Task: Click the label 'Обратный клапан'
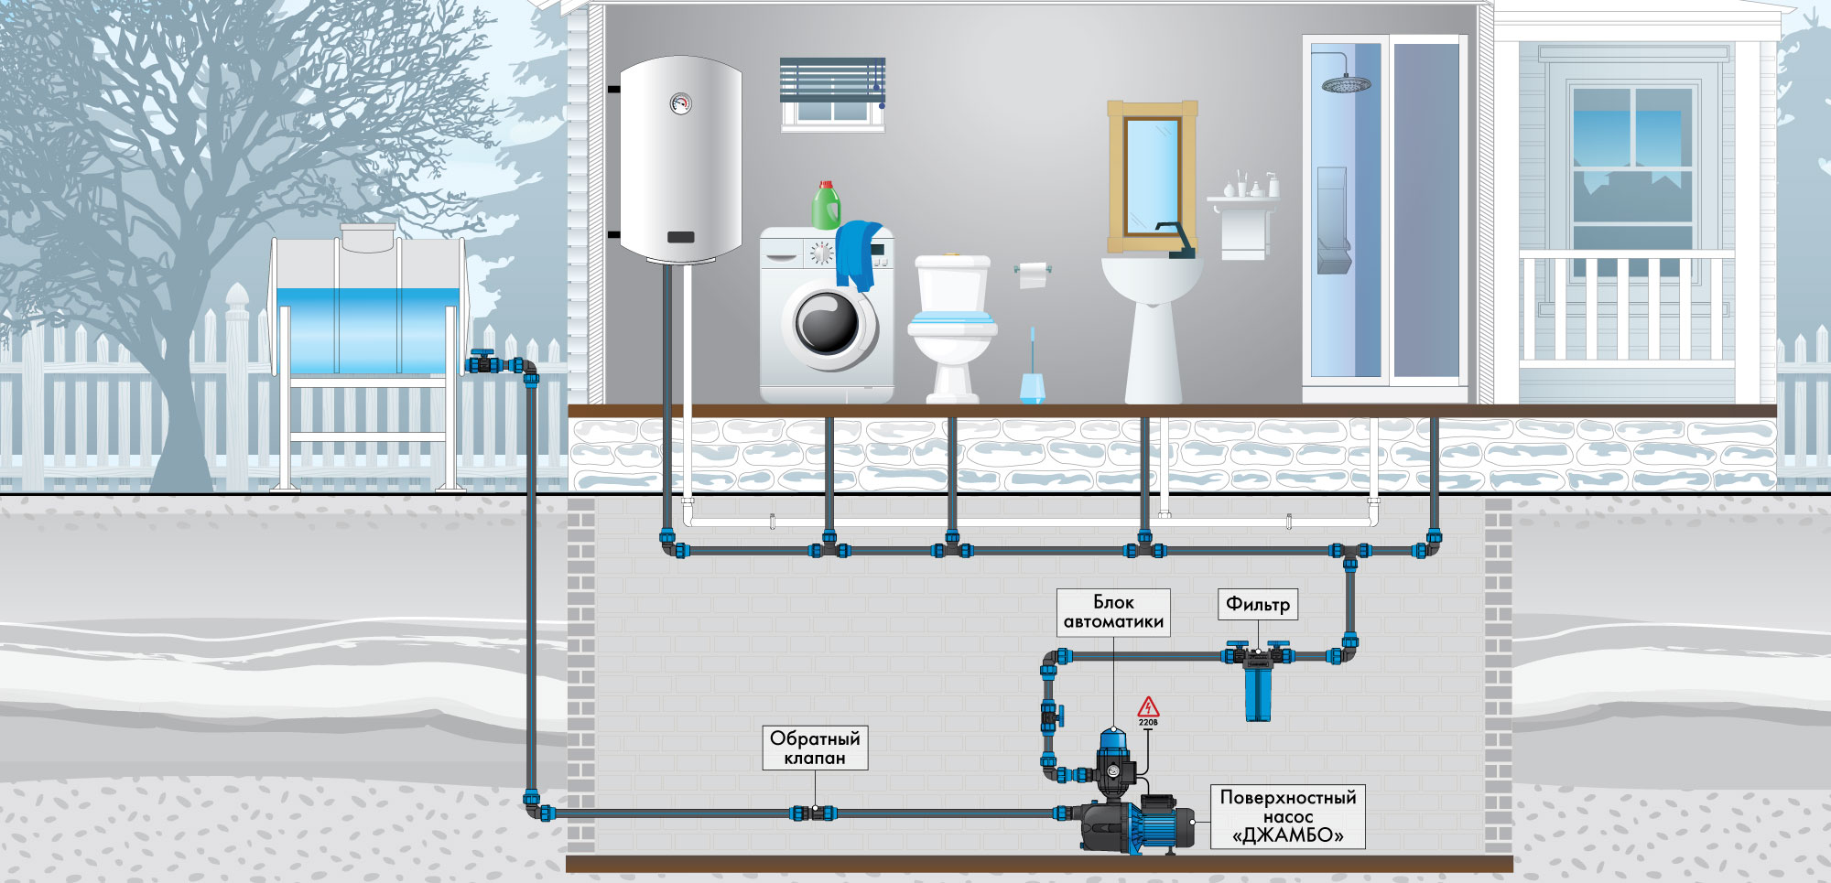click(815, 748)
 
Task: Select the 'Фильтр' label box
click(1258, 604)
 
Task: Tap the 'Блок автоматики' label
click(1113, 612)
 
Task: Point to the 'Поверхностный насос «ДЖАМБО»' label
click(1288, 816)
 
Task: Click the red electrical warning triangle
click(1148, 707)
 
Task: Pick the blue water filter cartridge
click(1257, 693)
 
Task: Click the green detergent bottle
click(827, 205)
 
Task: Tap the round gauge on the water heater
click(680, 103)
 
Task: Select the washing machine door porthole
click(828, 323)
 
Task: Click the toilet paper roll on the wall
click(1033, 274)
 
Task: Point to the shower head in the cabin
click(1346, 85)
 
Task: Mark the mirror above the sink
click(1152, 176)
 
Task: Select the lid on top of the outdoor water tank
click(368, 237)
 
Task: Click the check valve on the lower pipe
click(814, 813)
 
